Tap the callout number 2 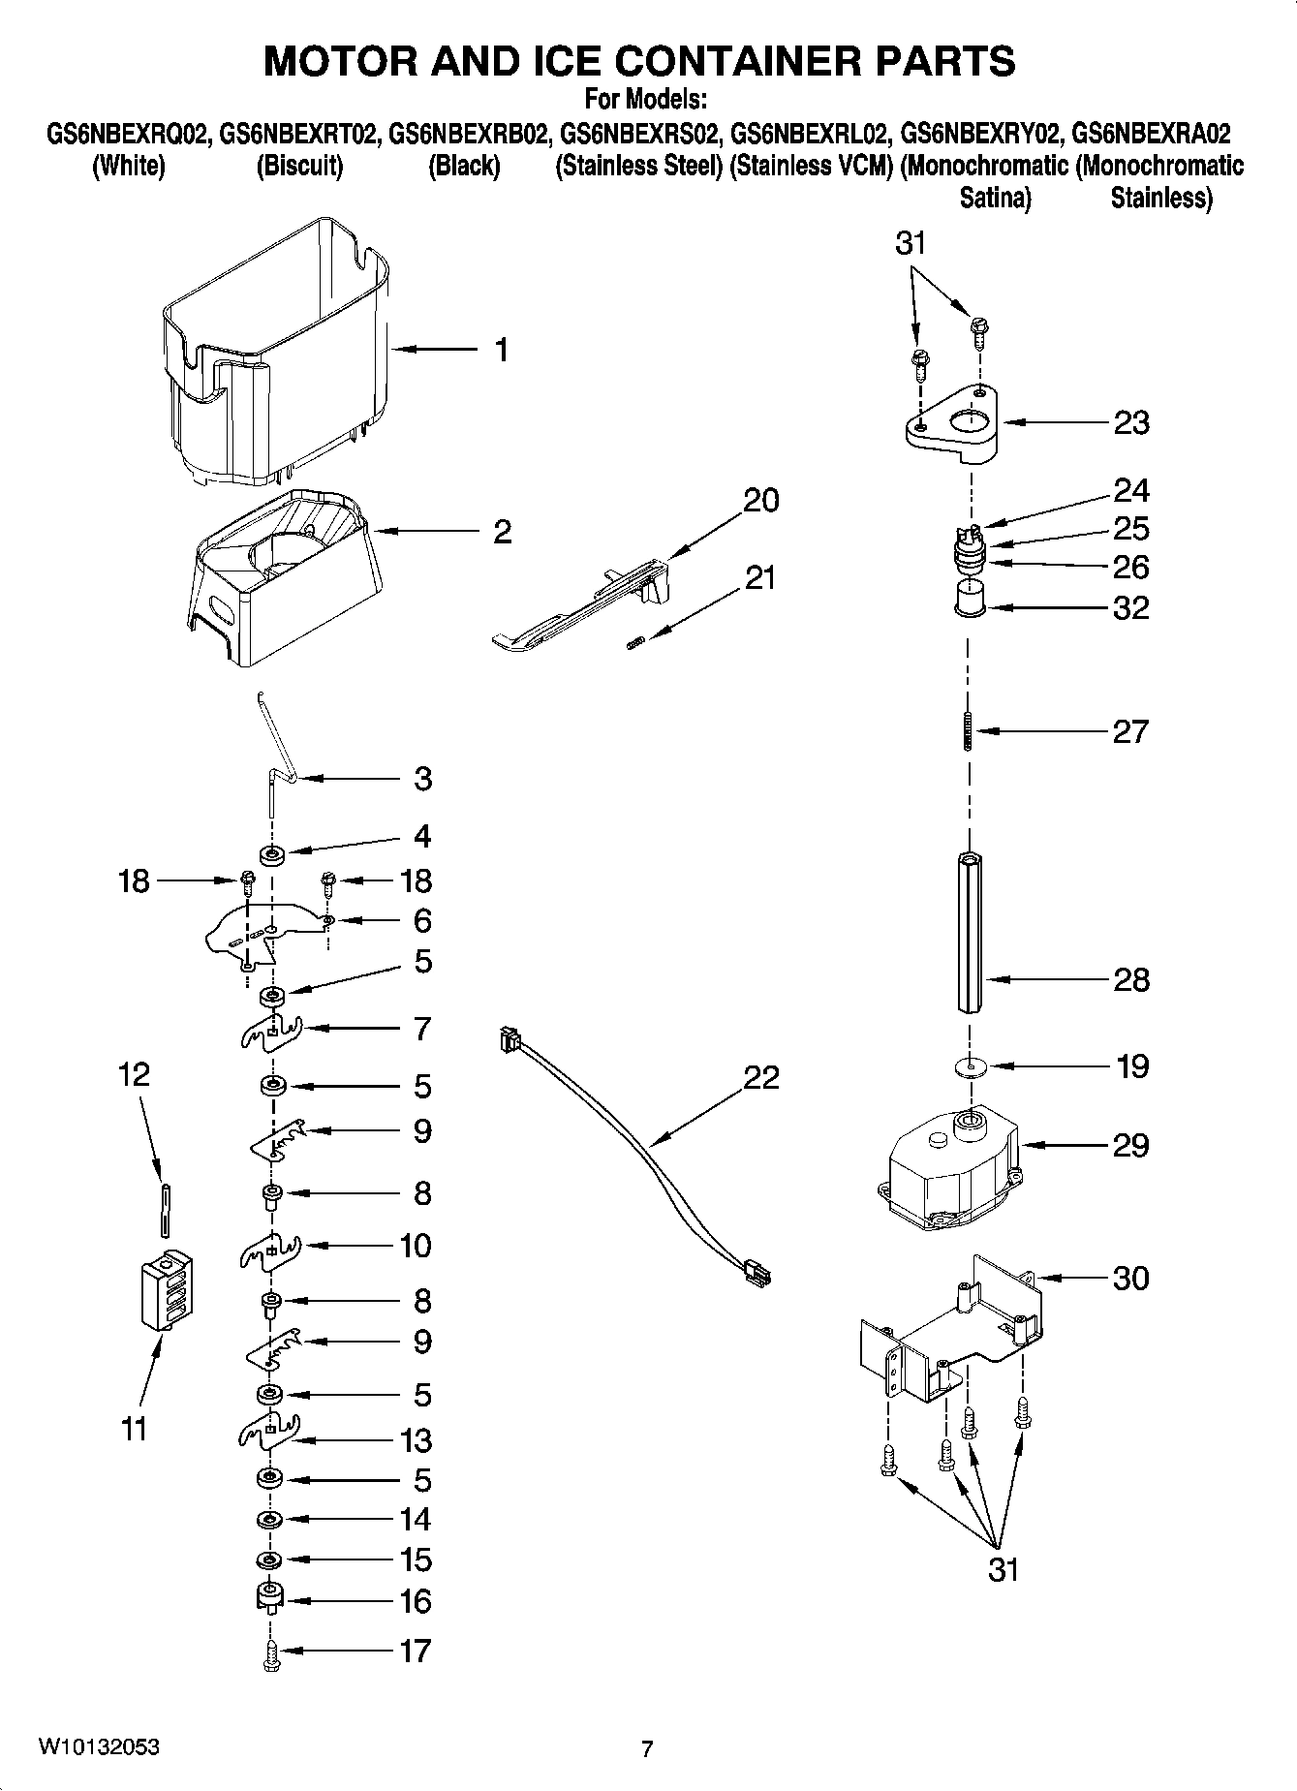click(x=502, y=532)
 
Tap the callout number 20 click(x=760, y=501)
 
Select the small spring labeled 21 click(x=635, y=642)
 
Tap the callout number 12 click(x=135, y=1074)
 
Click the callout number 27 click(x=1130, y=731)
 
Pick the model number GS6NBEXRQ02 click(x=129, y=133)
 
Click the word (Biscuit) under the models click(x=299, y=166)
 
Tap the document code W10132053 click(x=99, y=1747)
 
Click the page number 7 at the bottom click(x=647, y=1748)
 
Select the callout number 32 click(x=1130, y=607)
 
